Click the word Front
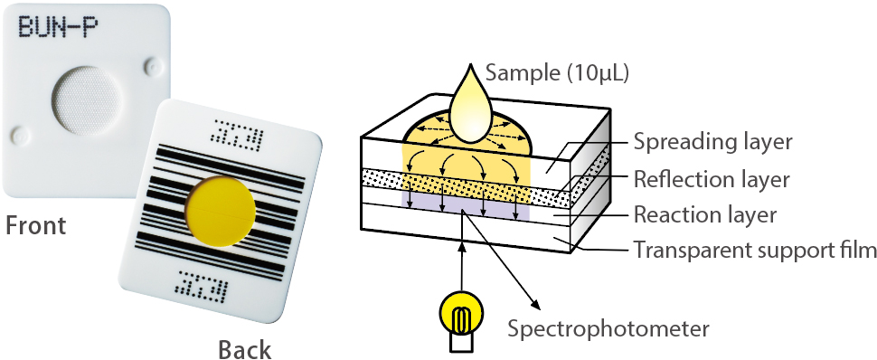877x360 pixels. (36, 225)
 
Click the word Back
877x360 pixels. (244, 348)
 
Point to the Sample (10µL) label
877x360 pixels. (557, 72)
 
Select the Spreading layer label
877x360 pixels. (712, 142)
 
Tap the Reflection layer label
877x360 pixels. (712, 179)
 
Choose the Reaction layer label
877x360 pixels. (705, 214)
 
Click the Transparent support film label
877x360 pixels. (753, 250)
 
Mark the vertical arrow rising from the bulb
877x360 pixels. (461, 258)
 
